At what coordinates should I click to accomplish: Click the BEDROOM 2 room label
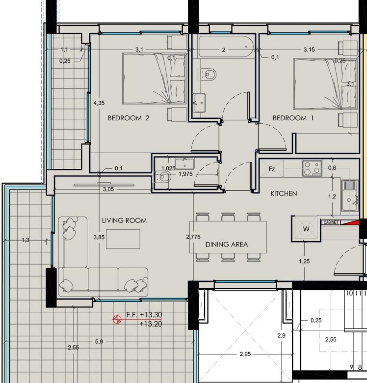pyautogui.click(x=129, y=118)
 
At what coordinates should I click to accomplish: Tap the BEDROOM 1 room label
pyautogui.click(x=293, y=118)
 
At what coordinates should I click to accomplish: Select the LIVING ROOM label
pyautogui.click(x=125, y=220)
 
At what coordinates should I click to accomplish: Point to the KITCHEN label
pyautogui.click(x=284, y=193)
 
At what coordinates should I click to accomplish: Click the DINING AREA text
pyautogui.click(x=227, y=244)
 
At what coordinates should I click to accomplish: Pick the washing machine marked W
pyautogui.click(x=306, y=229)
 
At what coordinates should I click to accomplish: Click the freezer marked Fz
pyautogui.click(x=272, y=168)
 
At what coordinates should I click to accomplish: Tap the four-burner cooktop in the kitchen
pyautogui.click(x=313, y=168)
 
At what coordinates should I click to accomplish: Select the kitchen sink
pyautogui.click(x=349, y=196)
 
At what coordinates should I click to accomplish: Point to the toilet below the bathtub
pyautogui.click(x=209, y=74)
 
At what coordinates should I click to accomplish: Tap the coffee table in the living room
pyautogui.click(x=123, y=239)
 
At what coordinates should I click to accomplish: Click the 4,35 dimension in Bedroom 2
pyautogui.click(x=99, y=103)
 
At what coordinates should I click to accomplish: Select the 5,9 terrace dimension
pyautogui.click(x=99, y=342)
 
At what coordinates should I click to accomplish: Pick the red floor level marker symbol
pyautogui.click(x=117, y=319)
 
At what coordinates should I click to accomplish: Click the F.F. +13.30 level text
pyautogui.click(x=144, y=315)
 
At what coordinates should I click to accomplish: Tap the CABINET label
pyautogui.click(x=331, y=222)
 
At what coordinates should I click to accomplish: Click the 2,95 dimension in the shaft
pyautogui.click(x=245, y=354)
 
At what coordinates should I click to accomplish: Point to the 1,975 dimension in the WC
pyautogui.click(x=185, y=174)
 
